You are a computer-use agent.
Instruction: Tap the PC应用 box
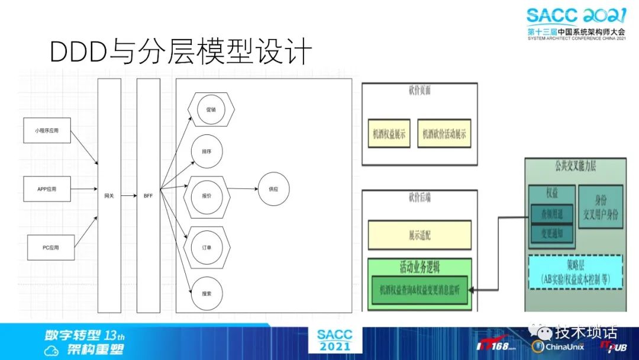click(51, 247)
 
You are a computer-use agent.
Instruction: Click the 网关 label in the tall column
click(109, 195)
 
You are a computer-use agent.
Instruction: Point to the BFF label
click(148, 195)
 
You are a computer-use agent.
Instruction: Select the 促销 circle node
click(211, 110)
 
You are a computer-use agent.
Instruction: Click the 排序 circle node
click(206, 152)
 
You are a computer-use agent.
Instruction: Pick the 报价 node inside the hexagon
click(207, 195)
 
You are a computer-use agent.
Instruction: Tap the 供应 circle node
click(273, 189)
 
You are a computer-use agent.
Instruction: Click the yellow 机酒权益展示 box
click(389, 134)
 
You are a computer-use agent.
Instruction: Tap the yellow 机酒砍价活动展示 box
click(444, 134)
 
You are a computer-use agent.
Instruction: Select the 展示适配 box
click(419, 235)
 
